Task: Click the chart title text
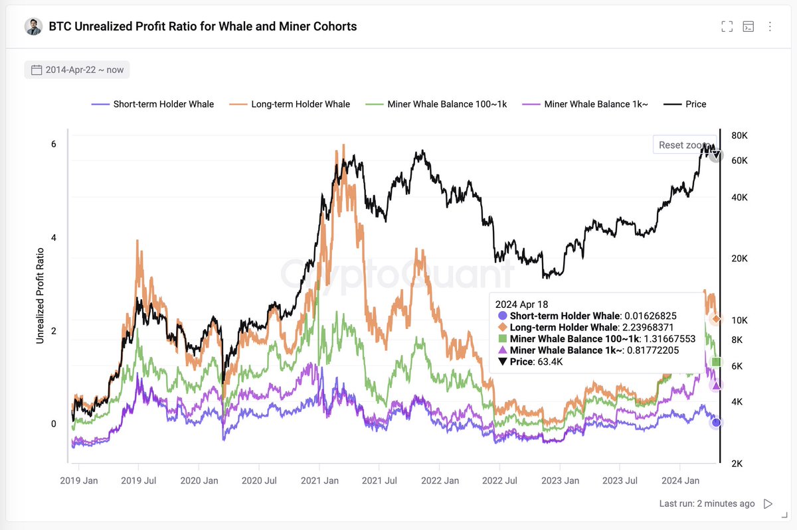tap(203, 27)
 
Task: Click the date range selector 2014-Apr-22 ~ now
tap(77, 70)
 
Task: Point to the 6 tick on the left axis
tap(53, 145)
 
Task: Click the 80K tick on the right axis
tap(739, 136)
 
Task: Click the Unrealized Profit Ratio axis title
tap(41, 295)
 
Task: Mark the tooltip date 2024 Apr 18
tap(521, 304)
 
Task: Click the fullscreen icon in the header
tap(727, 27)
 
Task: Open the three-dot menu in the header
tap(770, 27)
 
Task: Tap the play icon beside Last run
tap(768, 503)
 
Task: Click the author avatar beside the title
tap(33, 27)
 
